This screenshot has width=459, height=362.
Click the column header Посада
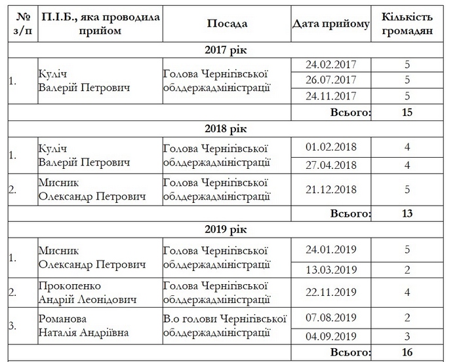(x=227, y=24)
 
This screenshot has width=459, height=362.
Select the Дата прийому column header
(x=331, y=24)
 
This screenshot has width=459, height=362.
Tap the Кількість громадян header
(x=407, y=24)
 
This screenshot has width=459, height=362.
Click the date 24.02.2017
(x=330, y=65)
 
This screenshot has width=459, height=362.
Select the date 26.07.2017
(x=330, y=80)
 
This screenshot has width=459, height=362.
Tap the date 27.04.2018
(x=330, y=164)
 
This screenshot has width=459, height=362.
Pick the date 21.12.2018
(x=330, y=190)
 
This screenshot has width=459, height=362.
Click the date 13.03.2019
(x=330, y=270)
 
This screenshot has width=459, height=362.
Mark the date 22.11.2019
(x=330, y=293)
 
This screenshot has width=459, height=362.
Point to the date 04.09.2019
(x=330, y=336)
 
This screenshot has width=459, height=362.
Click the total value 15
(x=407, y=113)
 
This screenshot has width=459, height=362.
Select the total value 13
(x=407, y=213)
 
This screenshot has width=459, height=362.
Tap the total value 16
(x=407, y=353)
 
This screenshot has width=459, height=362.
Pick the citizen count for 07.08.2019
(x=407, y=317)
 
